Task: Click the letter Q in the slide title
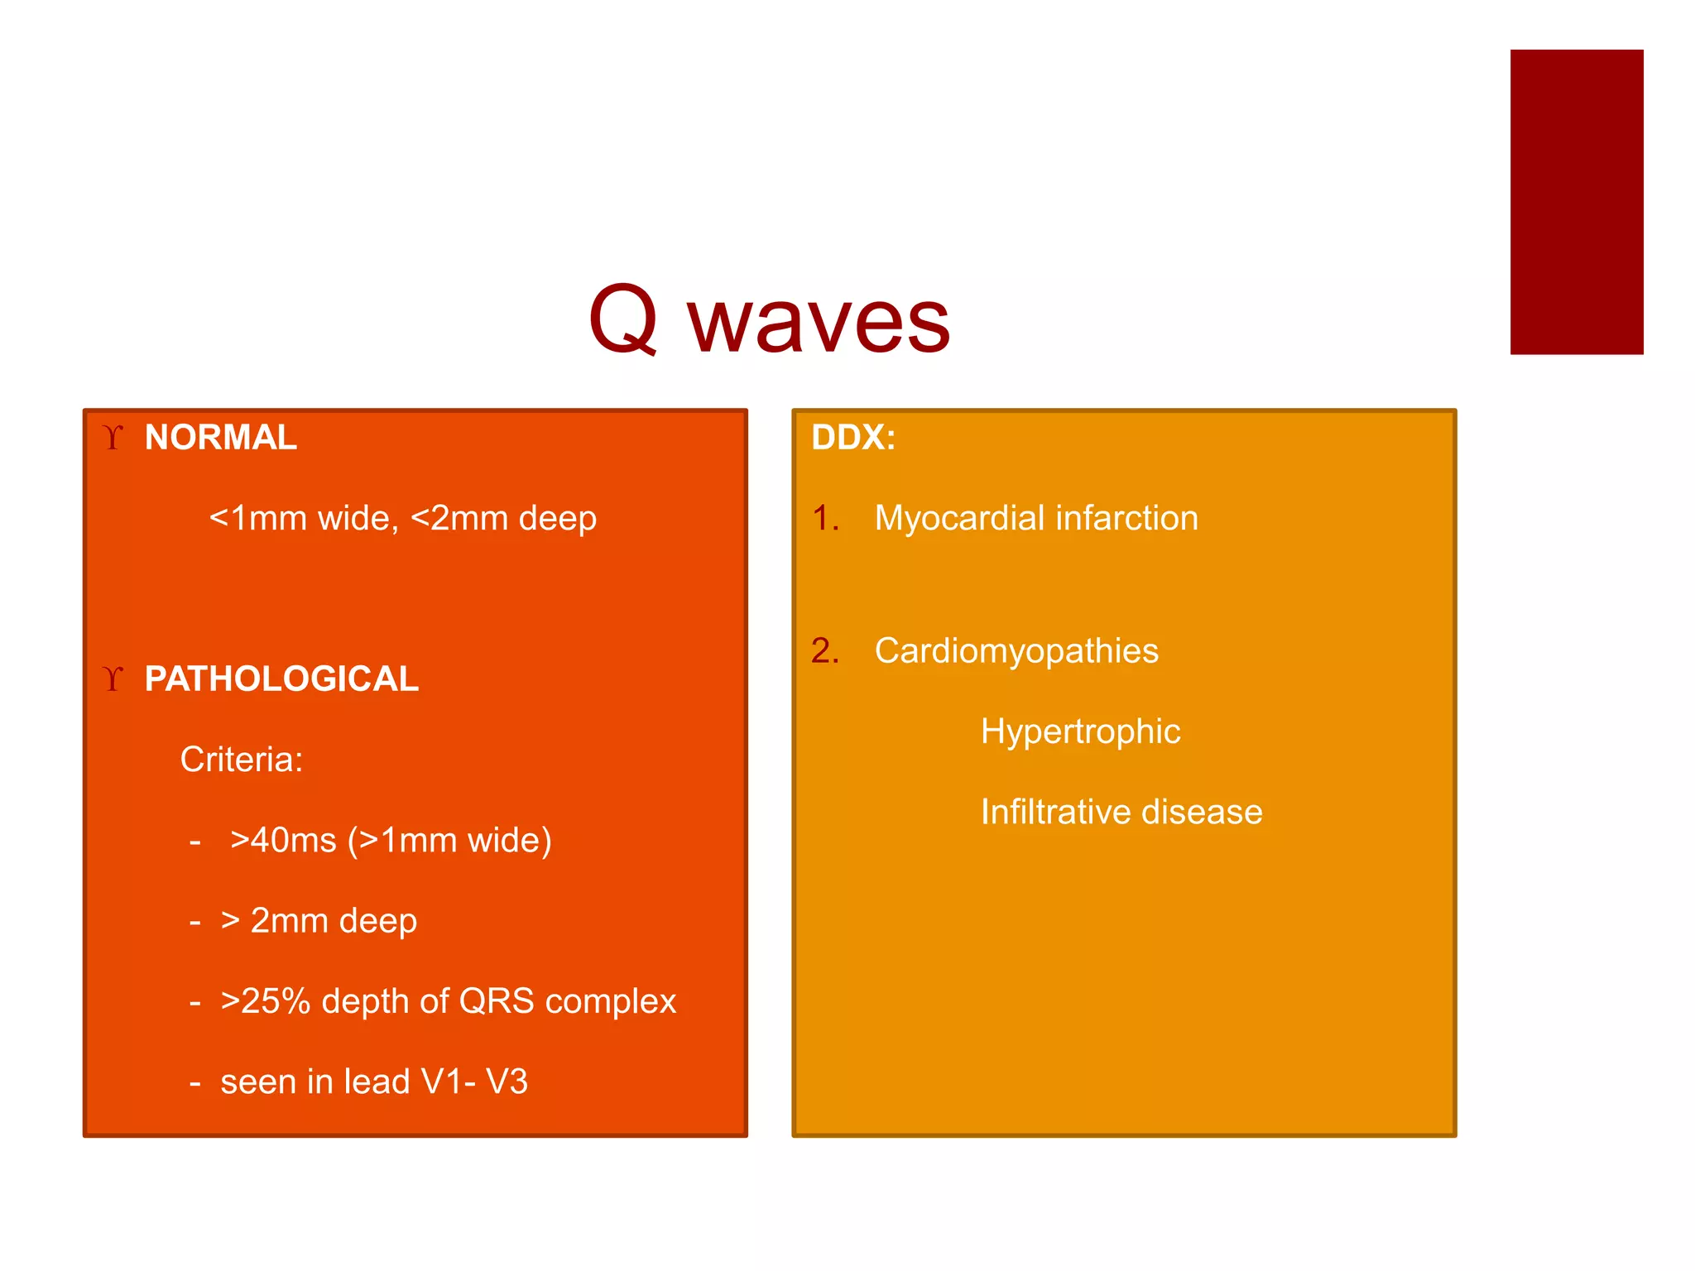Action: point(623,319)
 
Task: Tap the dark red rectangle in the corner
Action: point(1576,202)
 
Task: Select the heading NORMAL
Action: point(220,437)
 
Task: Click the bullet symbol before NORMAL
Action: point(113,437)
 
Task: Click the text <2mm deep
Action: point(503,519)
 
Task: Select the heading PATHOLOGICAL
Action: point(281,679)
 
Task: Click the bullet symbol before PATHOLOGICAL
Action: point(113,679)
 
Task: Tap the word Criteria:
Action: point(242,760)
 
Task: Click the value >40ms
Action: point(283,841)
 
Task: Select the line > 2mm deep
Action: point(319,921)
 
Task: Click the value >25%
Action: point(265,1001)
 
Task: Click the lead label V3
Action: point(507,1082)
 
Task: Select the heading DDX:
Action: point(853,437)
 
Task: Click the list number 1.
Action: point(824,519)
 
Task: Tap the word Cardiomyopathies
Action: point(1016,651)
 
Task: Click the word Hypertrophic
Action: point(1080,731)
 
